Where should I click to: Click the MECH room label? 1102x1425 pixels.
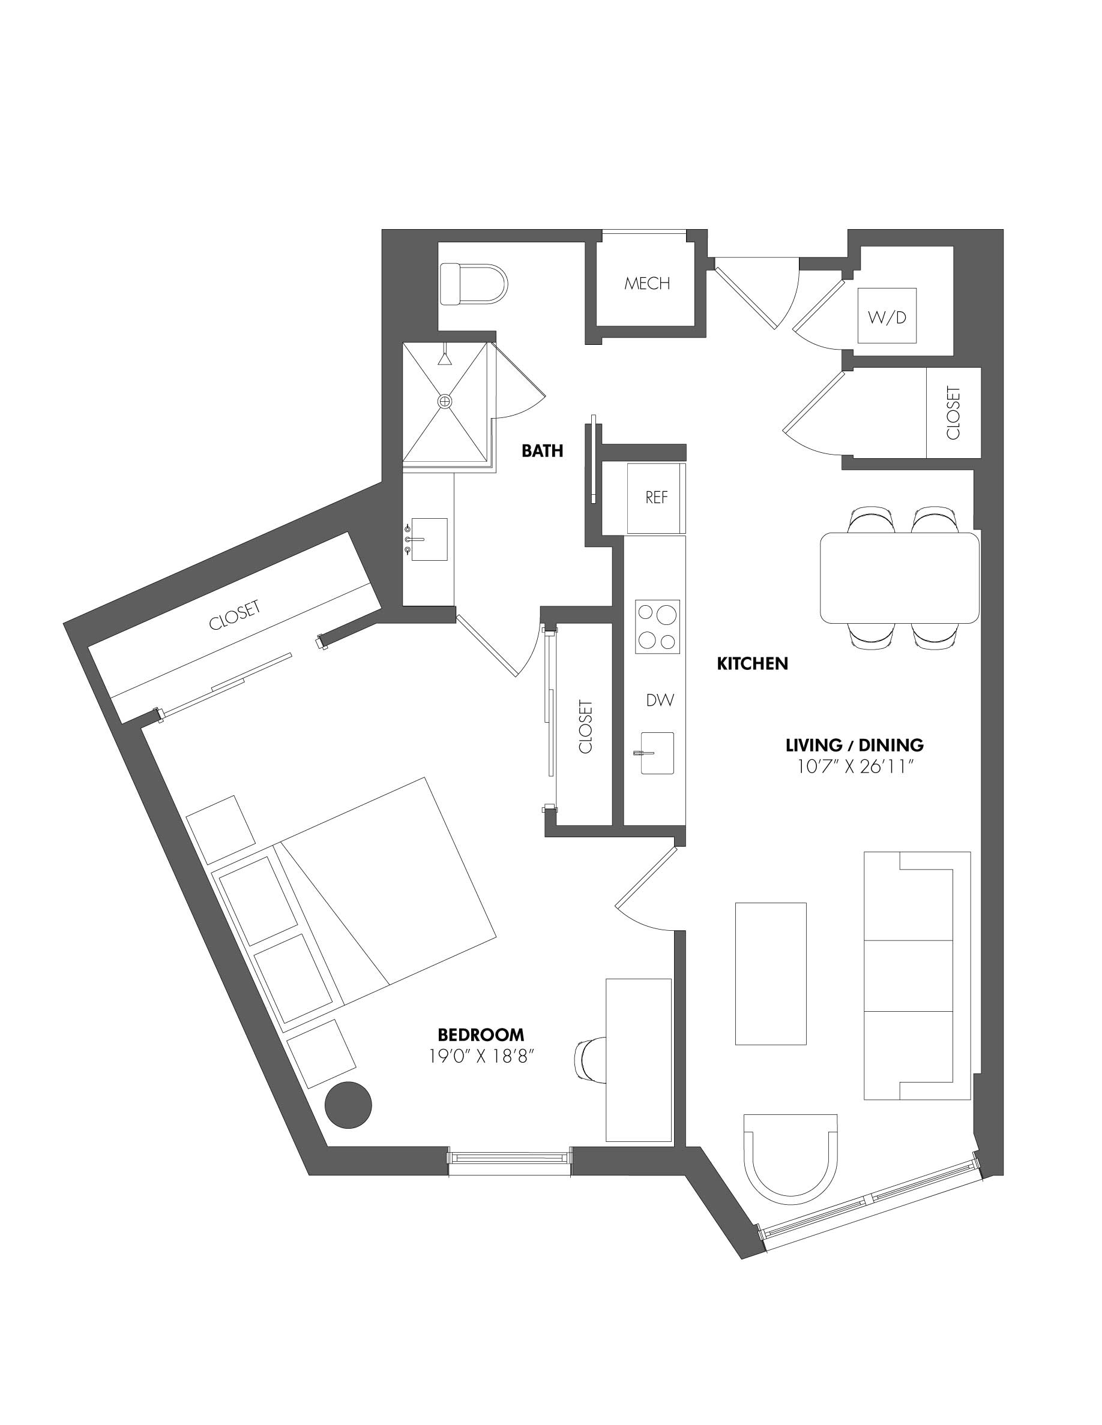click(646, 283)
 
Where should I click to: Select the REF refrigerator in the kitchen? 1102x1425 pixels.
click(656, 497)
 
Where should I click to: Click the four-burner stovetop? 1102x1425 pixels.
click(657, 626)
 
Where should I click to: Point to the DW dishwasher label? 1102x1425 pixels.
click(660, 700)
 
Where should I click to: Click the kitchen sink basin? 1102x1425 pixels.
click(657, 753)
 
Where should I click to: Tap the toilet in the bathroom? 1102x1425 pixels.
click(474, 284)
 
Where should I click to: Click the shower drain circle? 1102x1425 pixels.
click(445, 401)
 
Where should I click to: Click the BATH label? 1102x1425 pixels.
click(542, 451)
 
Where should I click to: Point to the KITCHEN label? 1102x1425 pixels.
click(752, 664)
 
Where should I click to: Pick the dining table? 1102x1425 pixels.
click(900, 578)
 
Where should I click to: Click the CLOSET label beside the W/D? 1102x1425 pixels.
click(953, 413)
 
